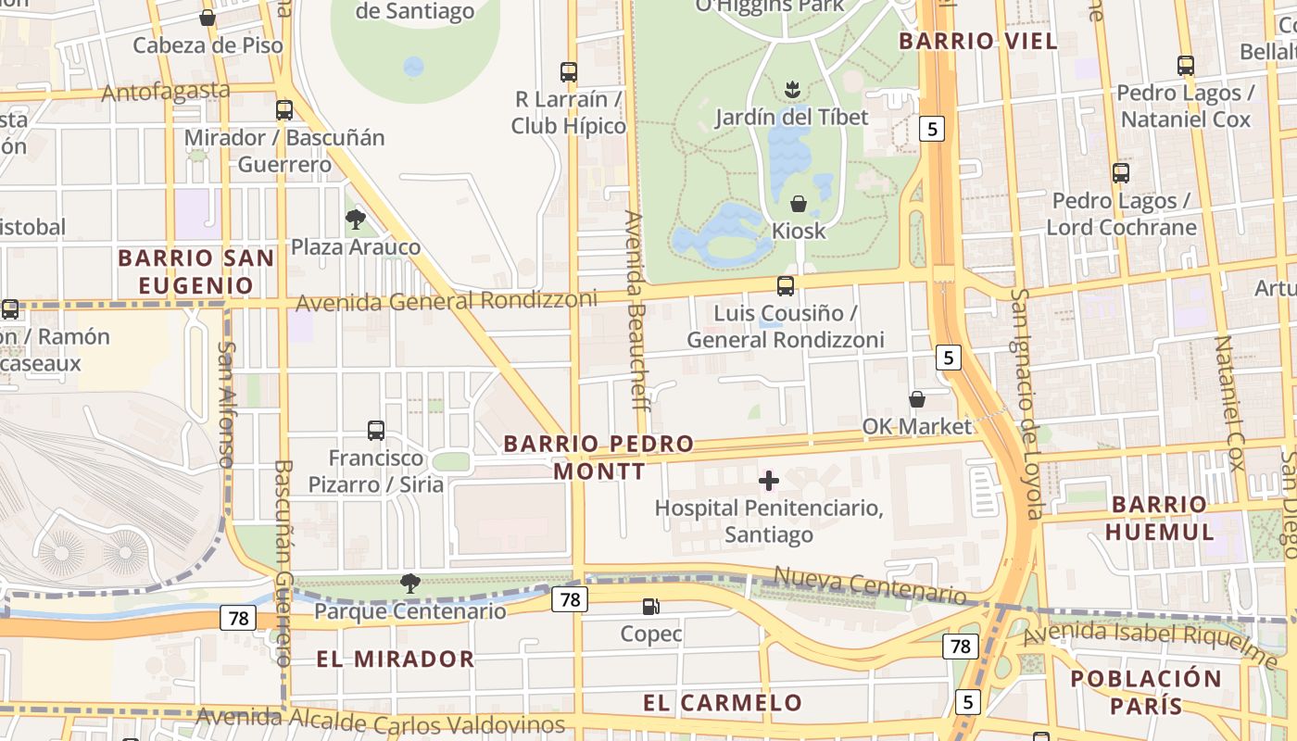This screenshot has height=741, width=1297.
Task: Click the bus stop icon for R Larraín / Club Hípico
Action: click(569, 71)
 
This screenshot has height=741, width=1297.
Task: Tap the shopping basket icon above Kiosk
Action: click(798, 204)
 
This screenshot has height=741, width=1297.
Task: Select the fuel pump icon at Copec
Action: click(651, 607)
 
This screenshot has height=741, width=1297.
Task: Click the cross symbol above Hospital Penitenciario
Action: click(768, 481)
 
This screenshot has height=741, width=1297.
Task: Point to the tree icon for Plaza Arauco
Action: click(355, 220)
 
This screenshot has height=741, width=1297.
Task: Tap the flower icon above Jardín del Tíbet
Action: click(792, 90)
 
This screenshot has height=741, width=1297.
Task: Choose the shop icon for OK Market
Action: click(916, 399)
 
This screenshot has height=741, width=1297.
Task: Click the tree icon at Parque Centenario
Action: click(409, 584)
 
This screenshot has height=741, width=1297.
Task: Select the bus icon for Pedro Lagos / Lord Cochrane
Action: click(1121, 172)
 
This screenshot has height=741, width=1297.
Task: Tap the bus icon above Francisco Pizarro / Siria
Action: click(375, 430)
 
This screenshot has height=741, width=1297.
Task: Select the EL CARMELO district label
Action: click(723, 703)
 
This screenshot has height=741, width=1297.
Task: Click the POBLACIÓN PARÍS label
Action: click(1146, 692)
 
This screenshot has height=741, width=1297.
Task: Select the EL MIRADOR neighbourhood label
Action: click(396, 659)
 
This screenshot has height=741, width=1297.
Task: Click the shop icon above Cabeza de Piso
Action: click(208, 18)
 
